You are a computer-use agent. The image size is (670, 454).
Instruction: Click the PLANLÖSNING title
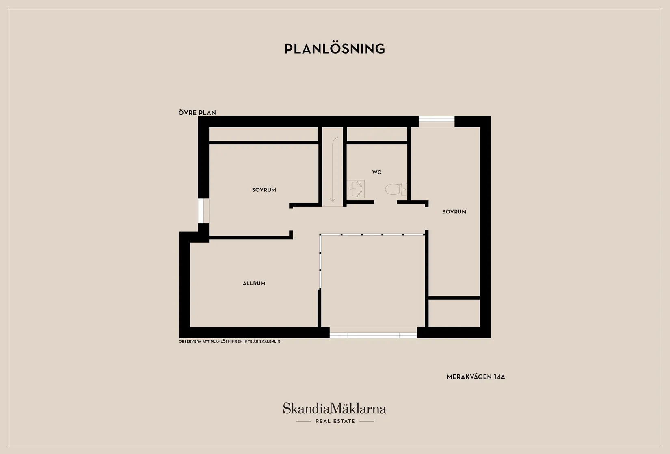[335, 49]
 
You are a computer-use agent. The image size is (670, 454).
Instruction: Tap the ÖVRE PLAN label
[197, 113]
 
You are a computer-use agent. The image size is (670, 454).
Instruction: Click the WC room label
[377, 172]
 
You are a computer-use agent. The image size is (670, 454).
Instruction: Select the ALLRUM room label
[254, 284]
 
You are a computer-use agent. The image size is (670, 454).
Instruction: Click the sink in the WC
[356, 189]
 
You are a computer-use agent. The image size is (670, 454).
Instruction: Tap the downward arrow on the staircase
[333, 170]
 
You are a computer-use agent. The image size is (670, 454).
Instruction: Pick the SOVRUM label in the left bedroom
[264, 190]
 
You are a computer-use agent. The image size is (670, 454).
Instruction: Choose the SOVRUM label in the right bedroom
[454, 212]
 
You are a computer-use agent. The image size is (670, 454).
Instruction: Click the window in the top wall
[437, 121]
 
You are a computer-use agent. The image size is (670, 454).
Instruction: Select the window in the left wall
[203, 211]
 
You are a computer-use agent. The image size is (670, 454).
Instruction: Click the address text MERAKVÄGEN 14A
[475, 377]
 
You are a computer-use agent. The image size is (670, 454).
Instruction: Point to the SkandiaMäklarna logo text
[335, 408]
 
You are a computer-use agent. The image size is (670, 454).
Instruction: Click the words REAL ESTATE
[335, 421]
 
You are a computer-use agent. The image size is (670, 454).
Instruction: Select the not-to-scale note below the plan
[229, 342]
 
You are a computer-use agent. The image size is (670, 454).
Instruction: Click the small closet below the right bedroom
[454, 313]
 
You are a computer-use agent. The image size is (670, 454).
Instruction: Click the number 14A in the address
[499, 377]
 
